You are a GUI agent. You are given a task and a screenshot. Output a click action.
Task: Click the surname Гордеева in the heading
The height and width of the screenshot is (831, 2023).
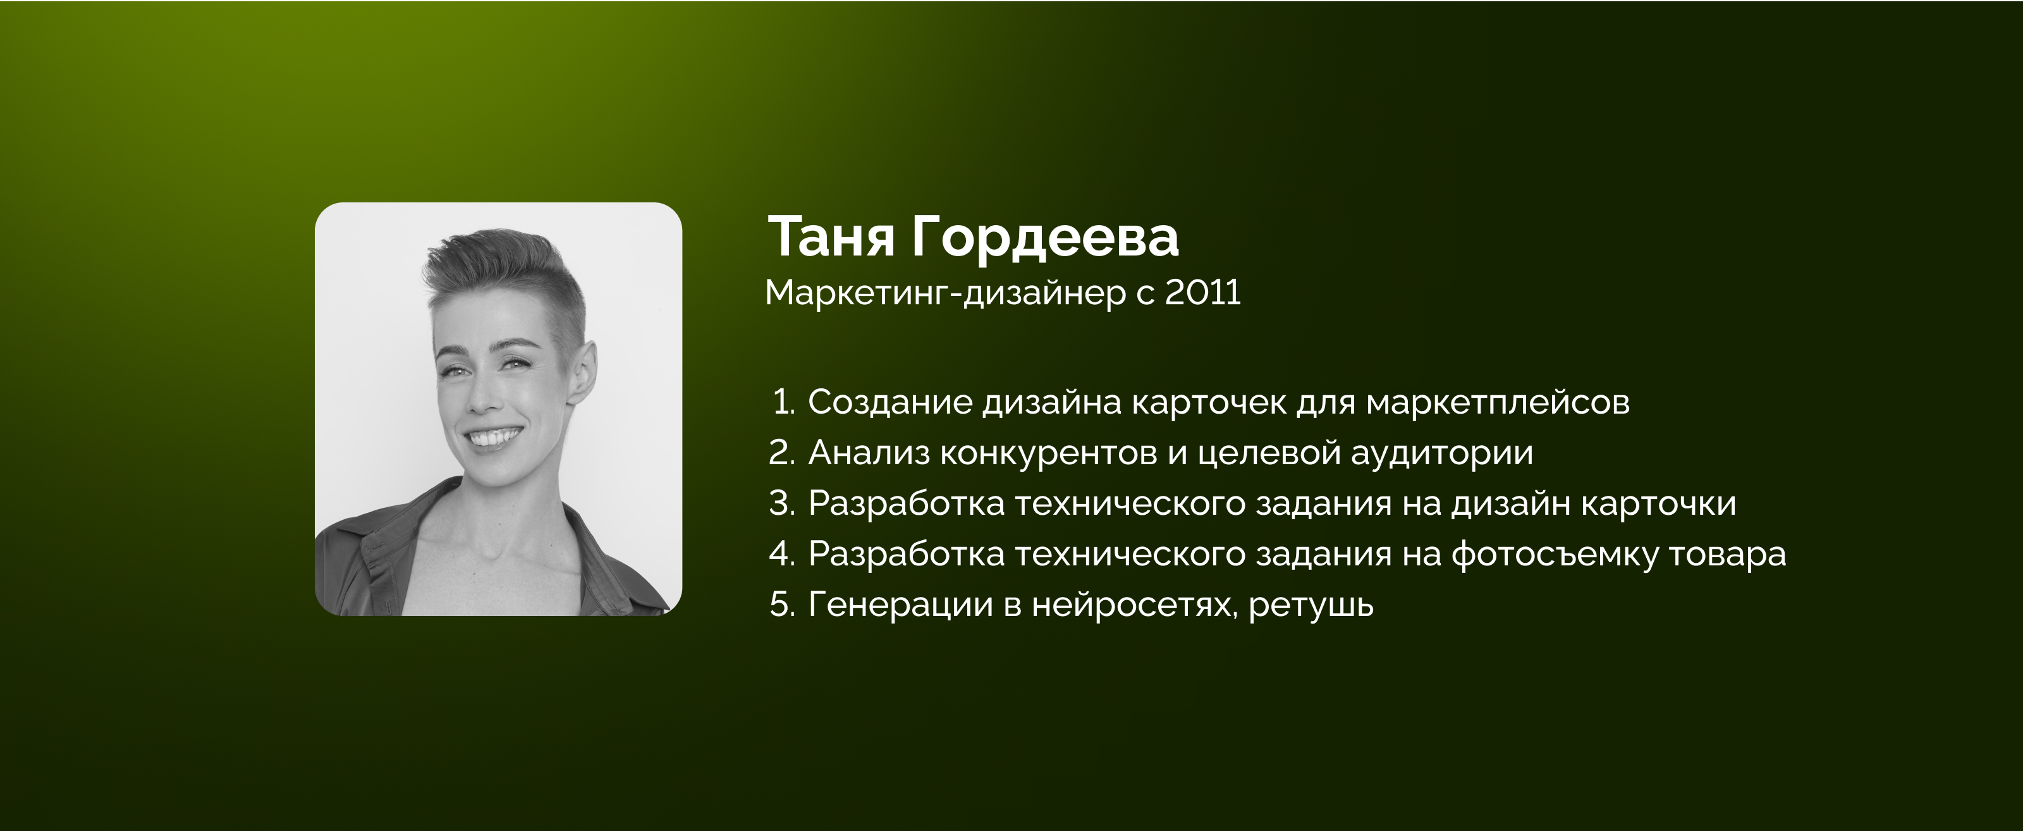coord(1045,237)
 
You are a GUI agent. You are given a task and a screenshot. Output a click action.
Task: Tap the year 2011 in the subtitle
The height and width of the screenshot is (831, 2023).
coord(1202,292)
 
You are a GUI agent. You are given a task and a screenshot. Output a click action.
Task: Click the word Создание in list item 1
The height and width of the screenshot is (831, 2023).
coord(891,403)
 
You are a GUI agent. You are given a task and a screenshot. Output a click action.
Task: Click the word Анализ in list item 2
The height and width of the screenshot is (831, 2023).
coord(869,453)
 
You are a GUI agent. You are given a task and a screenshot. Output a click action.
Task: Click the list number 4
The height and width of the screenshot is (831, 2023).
coord(783,555)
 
